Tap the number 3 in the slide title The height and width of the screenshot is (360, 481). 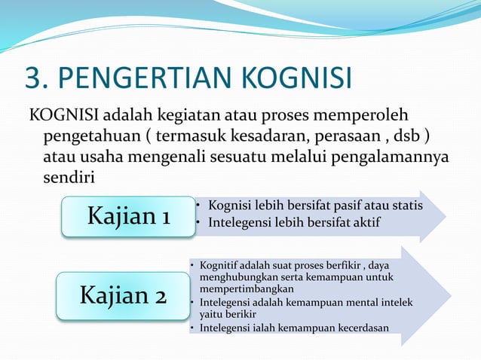[32, 78]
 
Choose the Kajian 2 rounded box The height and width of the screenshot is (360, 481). [123, 295]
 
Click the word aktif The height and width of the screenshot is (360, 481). [365, 223]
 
